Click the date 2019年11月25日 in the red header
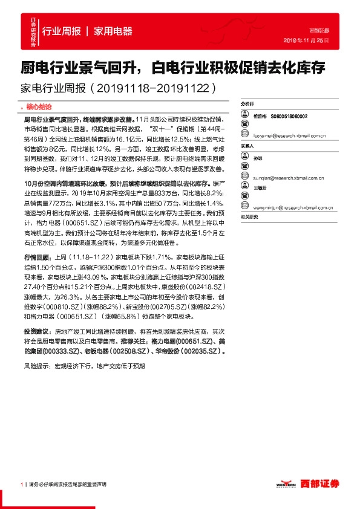tap(306, 40)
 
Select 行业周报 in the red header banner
tap(62, 31)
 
